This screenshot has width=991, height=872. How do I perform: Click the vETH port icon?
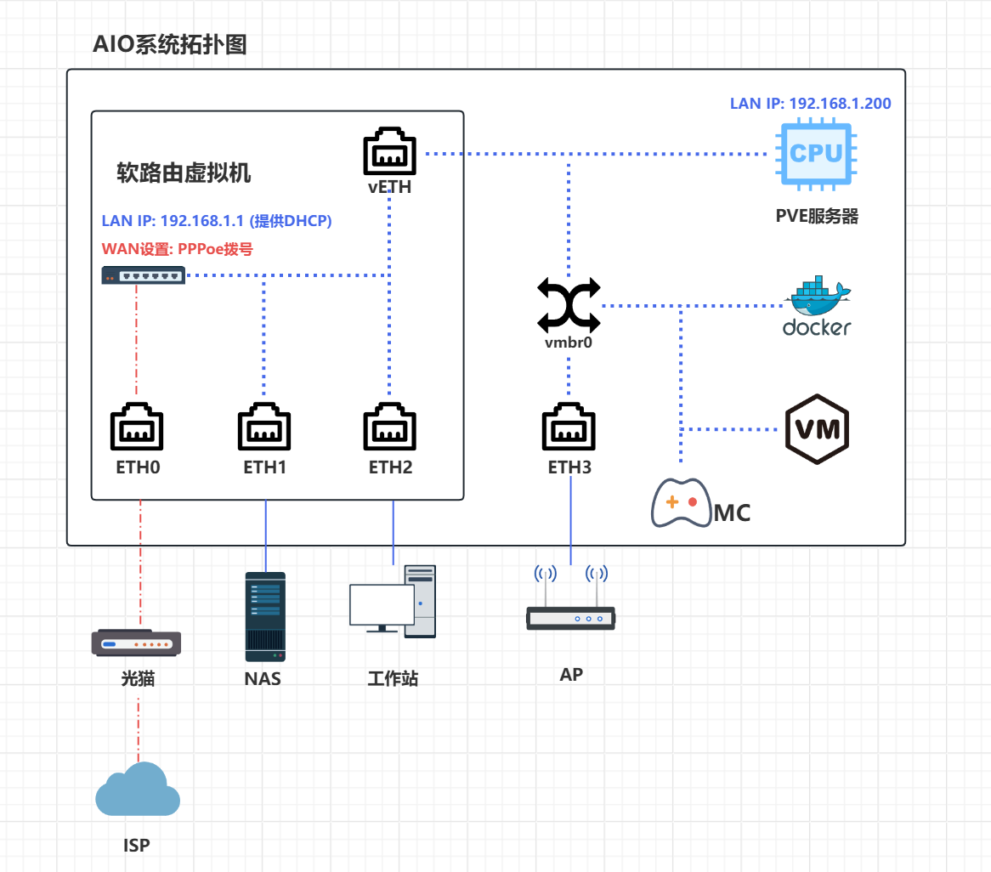point(390,153)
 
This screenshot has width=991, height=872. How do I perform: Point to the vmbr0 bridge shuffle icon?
point(569,306)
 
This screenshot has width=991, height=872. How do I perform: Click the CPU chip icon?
point(816,153)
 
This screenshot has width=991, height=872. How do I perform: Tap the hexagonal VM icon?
point(817,428)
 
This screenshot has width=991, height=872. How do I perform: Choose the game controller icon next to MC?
point(681,503)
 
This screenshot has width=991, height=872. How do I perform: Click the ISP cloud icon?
point(138,790)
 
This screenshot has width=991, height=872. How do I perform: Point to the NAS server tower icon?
point(265,616)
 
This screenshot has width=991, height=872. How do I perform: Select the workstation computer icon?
point(393,602)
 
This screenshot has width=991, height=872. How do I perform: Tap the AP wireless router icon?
point(570,599)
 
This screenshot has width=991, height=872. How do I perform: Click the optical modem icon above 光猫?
point(137,643)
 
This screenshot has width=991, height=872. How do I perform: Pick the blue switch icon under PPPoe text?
point(143,275)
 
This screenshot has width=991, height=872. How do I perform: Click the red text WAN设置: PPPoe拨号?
point(178,249)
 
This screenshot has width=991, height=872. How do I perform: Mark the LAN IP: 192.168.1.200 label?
point(811,104)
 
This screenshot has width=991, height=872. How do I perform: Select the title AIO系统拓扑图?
point(170,44)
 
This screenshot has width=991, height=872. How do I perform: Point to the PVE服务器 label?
point(817,216)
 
